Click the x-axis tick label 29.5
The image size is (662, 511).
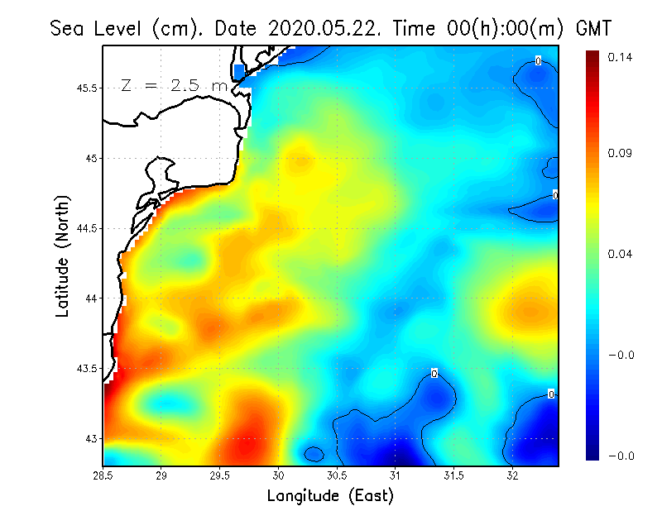[x=220, y=475]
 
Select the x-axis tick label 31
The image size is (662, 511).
[x=396, y=475]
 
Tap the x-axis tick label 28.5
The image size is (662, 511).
[x=103, y=475]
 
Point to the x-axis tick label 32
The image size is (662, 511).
[x=512, y=475]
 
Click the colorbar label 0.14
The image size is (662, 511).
[x=620, y=57]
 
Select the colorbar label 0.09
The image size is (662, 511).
[x=620, y=154]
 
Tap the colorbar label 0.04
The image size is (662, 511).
[x=620, y=254]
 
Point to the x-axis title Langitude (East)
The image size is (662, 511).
[x=330, y=496]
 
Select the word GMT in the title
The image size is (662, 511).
[x=592, y=28]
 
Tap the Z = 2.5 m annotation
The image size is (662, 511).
[x=174, y=85]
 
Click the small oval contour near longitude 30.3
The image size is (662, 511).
[x=314, y=454]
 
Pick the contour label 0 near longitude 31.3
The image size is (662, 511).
[x=434, y=374]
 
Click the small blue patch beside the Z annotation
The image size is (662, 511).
[x=240, y=71]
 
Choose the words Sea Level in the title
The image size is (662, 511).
[x=99, y=28]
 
